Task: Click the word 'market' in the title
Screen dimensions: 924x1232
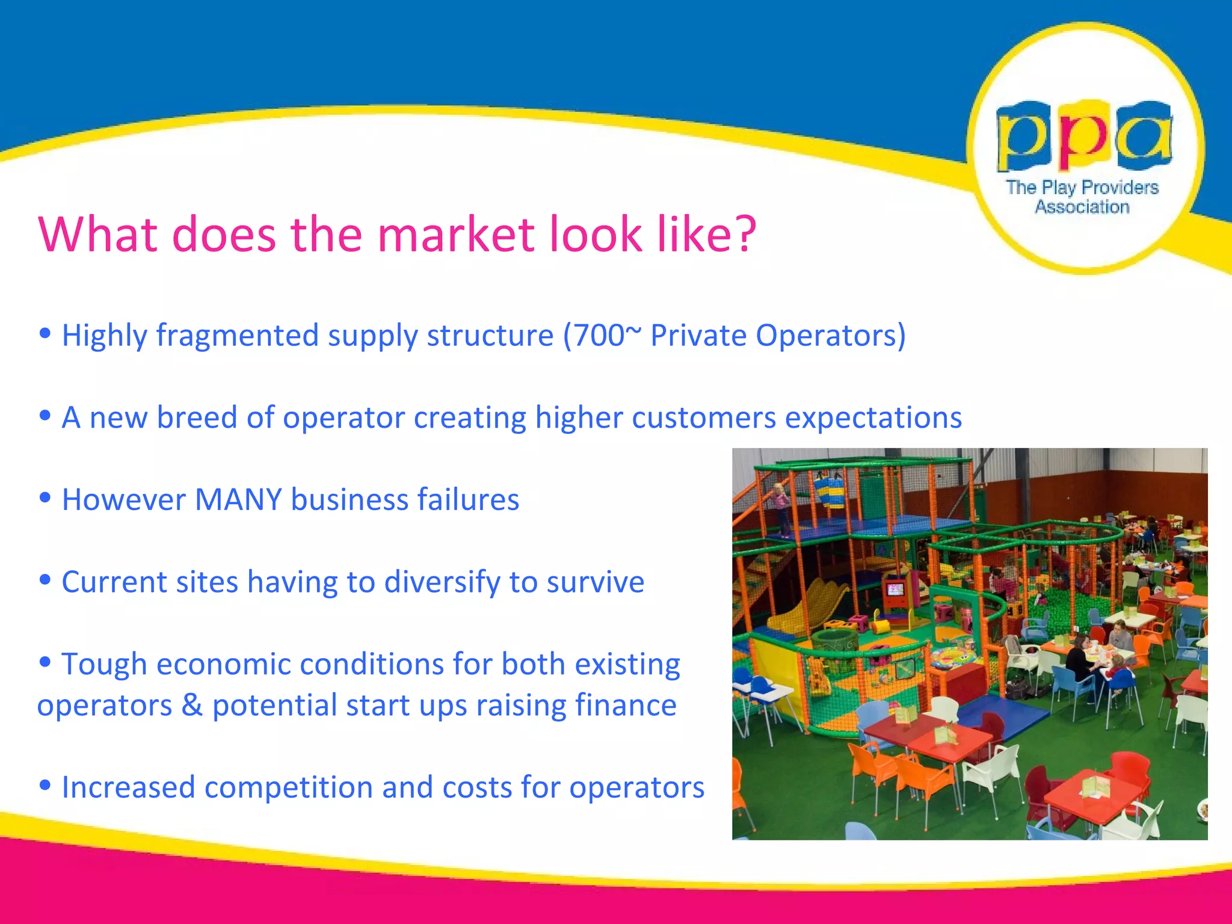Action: coord(455,234)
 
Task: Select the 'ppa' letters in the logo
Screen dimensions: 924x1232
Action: coord(1084,137)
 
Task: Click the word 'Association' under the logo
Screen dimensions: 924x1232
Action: coord(1082,207)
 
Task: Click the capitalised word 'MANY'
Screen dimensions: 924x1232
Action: coord(238,499)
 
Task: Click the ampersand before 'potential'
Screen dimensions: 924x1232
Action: coord(192,705)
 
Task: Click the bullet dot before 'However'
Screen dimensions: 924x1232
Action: coord(45,497)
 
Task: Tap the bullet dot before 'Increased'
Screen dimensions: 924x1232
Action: coord(45,785)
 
